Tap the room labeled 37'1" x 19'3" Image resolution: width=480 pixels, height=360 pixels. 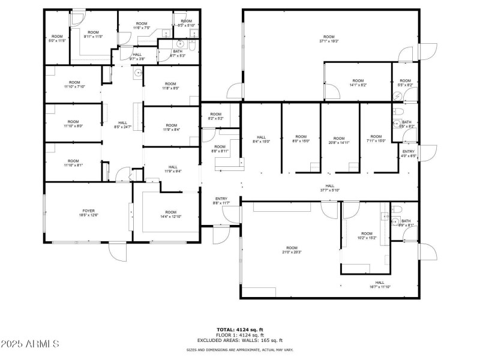click(x=329, y=39)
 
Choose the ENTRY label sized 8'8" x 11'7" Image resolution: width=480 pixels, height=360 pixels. click(x=221, y=201)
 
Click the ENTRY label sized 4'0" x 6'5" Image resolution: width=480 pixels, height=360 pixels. click(x=409, y=154)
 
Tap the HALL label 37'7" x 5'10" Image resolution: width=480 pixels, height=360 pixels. click(x=330, y=188)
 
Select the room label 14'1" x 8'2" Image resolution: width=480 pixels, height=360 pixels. click(x=358, y=83)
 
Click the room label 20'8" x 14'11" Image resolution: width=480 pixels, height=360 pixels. click(x=339, y=140)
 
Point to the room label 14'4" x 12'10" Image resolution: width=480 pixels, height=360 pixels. click(x=171, y=214)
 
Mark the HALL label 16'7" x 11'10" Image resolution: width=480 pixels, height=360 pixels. click(x=380, y=284)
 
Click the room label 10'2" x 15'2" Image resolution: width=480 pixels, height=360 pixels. click(x=366, y=236)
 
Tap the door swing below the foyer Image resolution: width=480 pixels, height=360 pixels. click(x=118, y=253)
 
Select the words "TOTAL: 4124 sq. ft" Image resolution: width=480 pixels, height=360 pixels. click(x=240, y=329)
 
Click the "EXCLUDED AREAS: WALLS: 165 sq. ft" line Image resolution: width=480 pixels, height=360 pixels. click(x=240, y=340)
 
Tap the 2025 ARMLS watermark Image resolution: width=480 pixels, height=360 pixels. click(x=30, y=344)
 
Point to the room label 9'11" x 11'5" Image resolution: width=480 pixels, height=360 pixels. click(x=93, y=34)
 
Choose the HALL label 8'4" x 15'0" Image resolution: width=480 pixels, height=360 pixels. click(x=262, y=139)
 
